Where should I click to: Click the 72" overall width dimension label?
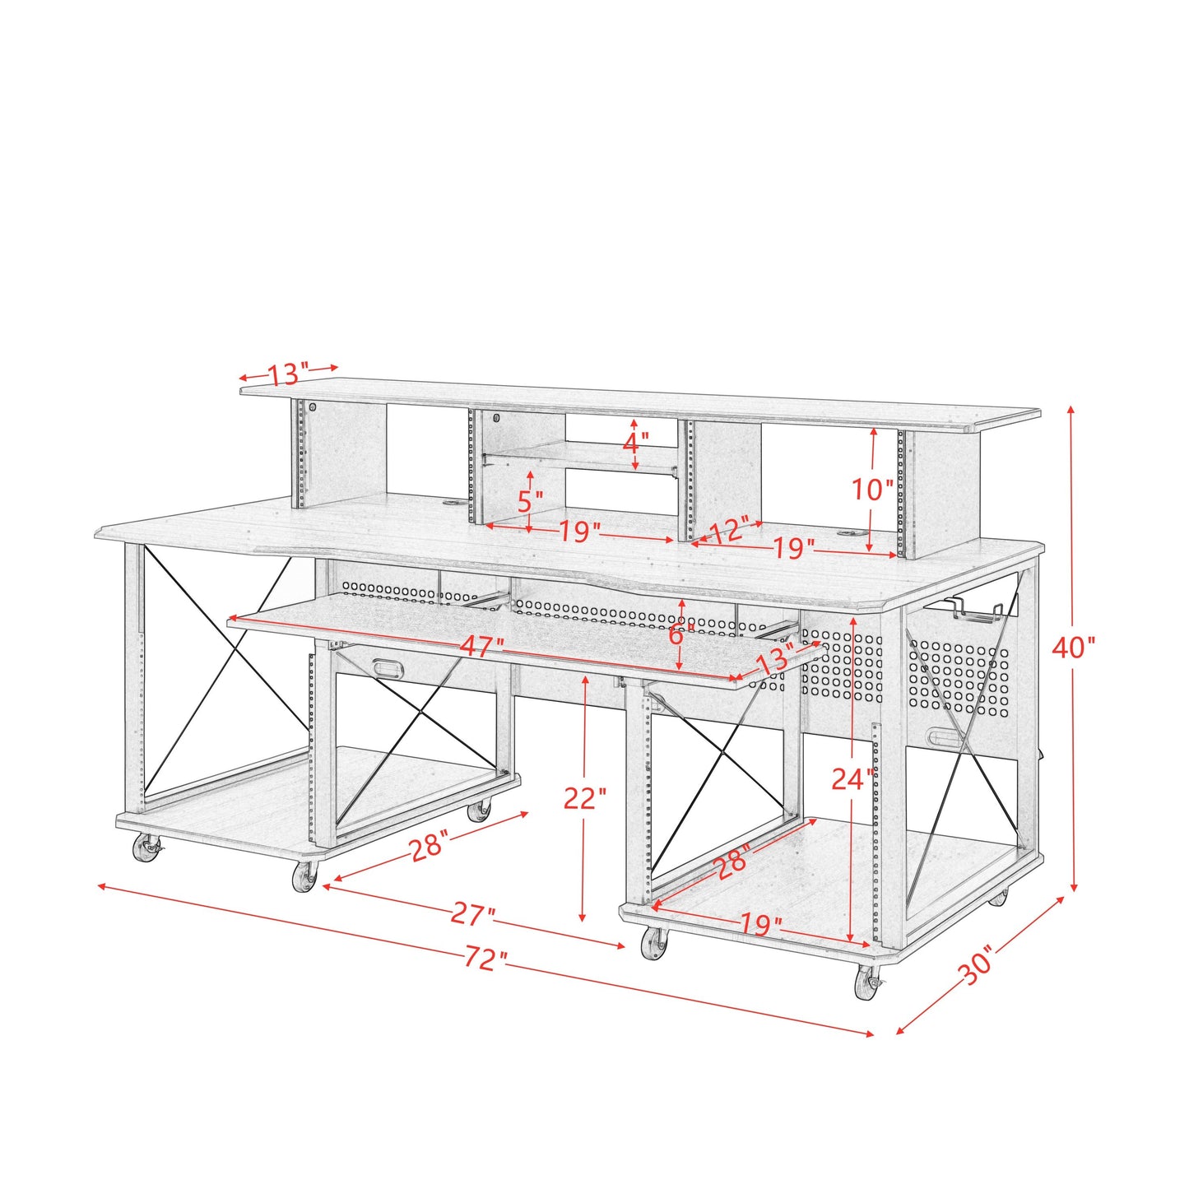coord(485,959)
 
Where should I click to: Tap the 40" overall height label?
coord(1074,648)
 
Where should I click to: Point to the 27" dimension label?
coord(474,914)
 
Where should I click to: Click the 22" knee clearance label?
coord(584,797)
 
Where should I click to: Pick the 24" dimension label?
coord(852,778)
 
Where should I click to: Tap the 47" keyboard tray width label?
coord(481,647)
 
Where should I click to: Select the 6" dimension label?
coord(676,634)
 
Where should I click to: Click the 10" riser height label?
coord(872,490)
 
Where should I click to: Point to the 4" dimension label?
coord(634,444)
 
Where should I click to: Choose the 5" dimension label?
coord(531,499)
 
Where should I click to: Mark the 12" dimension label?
coord(729,531)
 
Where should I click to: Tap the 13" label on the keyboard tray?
coord(774,659)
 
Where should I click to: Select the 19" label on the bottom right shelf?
coord(760,924)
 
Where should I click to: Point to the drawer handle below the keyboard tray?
coord(385,667)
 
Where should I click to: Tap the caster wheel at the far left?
coord(147,848)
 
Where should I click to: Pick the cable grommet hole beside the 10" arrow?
coord(848,534)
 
